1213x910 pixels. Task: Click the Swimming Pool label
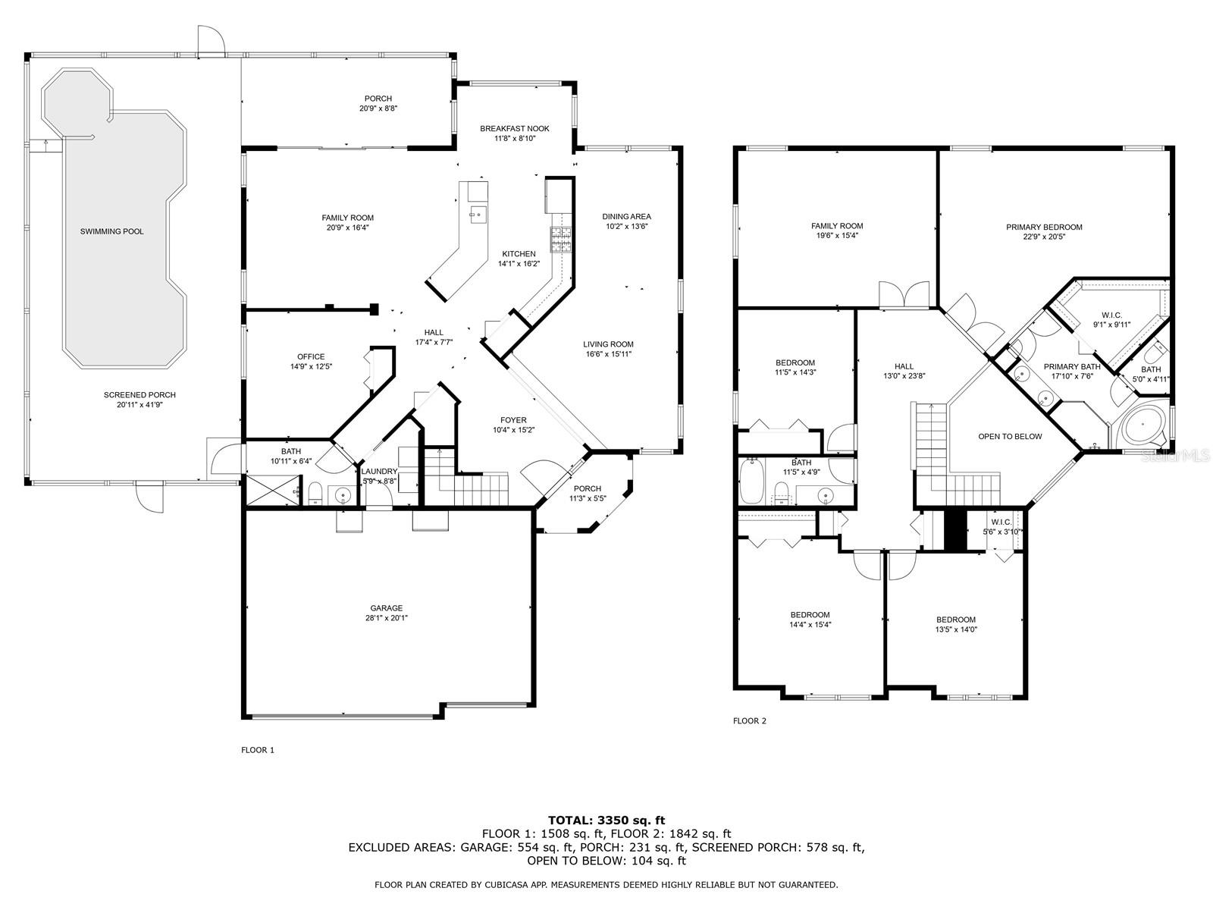[x=111, y=231]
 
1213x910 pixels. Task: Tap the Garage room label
[x=386, y=607]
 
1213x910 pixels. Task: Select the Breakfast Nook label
[x=515, y=129]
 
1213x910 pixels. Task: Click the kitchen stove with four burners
[x=562, y=240]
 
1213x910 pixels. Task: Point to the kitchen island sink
[x=477, y=215]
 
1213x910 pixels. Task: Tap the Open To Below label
[x=1010, y=436]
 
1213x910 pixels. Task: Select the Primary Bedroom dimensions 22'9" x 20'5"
[x=1044, y=237]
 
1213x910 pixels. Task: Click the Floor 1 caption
[x=258, y=750]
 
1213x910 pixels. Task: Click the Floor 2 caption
[x=749, y=720]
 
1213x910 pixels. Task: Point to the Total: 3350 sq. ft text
[x=606, y=820]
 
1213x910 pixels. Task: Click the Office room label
[x=311, y=356]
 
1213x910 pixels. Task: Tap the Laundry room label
[x=379, y=471]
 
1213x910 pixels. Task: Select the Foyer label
[x=513, y=420]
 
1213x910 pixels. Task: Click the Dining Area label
[x=626, y=216]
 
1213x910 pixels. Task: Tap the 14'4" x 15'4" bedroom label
[x=810, y=615]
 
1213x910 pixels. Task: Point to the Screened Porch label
[x=139, y=395]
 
